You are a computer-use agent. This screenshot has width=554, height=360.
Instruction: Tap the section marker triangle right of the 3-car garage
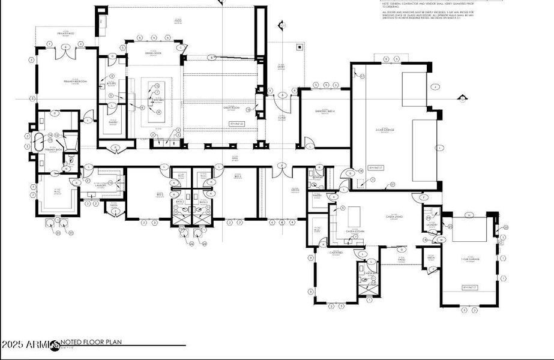462,97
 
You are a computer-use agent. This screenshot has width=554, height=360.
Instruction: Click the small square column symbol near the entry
300,46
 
